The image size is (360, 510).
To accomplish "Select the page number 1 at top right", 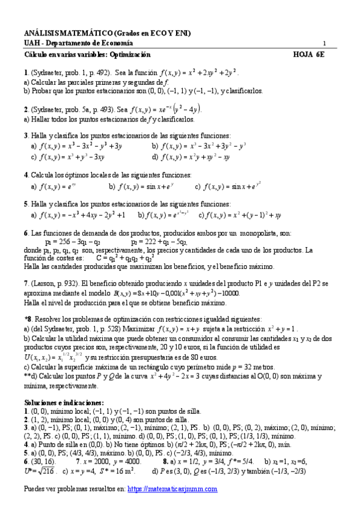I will pos(325,43).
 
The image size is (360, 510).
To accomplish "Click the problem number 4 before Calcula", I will pos(26,175).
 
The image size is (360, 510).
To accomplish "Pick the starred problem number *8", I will pos(28,319).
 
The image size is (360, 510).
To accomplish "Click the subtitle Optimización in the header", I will pos(128,54).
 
